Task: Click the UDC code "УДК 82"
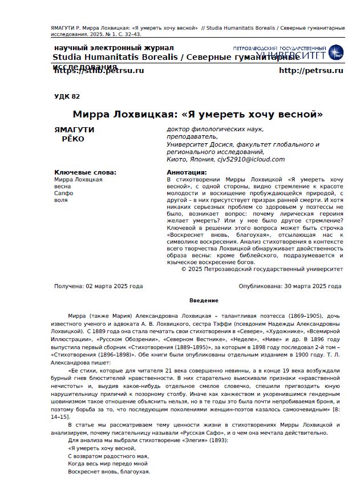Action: (67, 97)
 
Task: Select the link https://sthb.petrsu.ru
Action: (99, 71)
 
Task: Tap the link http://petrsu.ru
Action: (311, 71)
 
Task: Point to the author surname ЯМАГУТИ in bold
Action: (74, 130)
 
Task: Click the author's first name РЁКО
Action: (72, 139)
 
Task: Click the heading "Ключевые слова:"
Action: (85, 172)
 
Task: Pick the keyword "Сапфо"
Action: (64, 193)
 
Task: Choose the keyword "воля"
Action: (61, 201)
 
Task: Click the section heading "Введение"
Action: (204, 301)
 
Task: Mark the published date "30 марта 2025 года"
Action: (312, 286)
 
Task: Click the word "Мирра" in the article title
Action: (92, 114)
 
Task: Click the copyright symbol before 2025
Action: (184, 268)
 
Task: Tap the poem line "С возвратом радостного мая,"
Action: (108, 456)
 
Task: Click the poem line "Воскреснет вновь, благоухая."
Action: (109, 472)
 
